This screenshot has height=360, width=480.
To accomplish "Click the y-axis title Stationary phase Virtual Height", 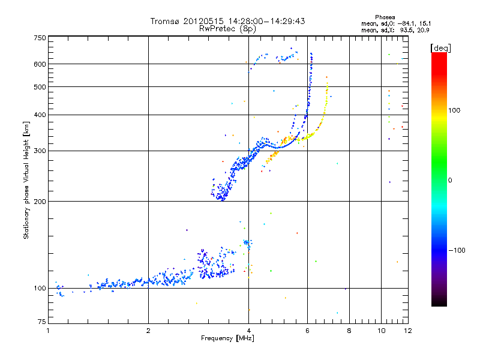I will (27, 180).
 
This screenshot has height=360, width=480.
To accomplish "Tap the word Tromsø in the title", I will (166, 21).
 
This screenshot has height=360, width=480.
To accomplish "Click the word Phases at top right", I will (385, 17).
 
